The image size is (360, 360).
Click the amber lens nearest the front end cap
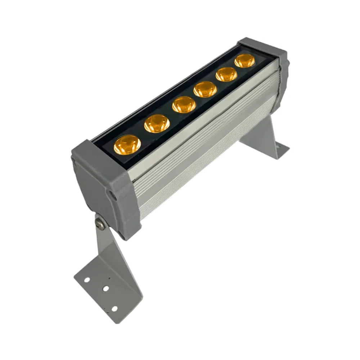127,145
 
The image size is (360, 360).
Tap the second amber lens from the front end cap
157,124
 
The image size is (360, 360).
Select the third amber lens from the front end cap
184,105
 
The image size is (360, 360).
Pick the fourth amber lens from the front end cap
205,89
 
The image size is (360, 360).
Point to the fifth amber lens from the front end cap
227,74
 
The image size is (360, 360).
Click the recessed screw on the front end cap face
113,194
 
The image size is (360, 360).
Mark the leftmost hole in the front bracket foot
87,279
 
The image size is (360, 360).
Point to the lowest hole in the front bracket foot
114,309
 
